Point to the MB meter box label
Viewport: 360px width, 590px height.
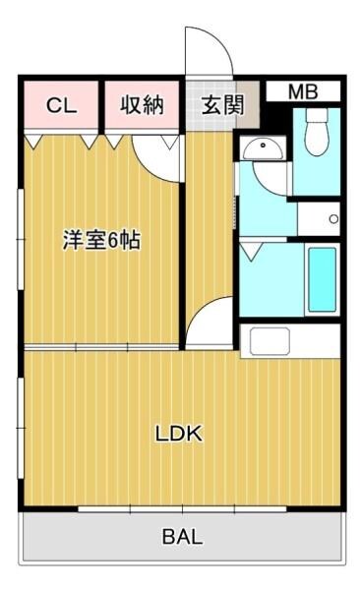click(x=302, y=92)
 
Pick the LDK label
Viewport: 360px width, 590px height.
click(x=178, y=434)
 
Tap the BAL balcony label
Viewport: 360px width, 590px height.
click(x=183, y=537)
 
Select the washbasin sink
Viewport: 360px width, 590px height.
click(x=262, y=148)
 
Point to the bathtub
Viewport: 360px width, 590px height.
click(x=322, y=278)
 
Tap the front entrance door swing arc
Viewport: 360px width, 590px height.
click(x=209, y=49)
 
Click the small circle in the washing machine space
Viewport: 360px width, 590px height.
click(x=332, y=218)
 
